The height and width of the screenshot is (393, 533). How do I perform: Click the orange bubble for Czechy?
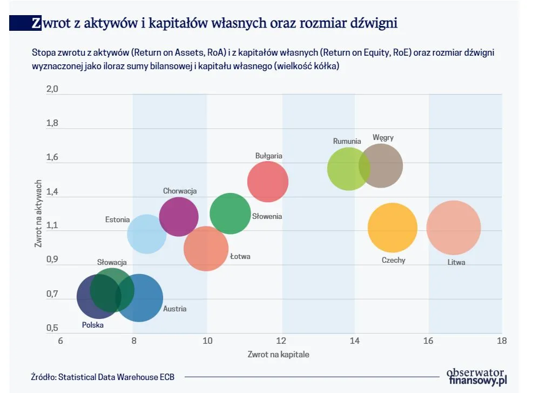[x=393, y=228]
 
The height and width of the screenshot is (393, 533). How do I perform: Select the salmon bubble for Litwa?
[x=454, y=228]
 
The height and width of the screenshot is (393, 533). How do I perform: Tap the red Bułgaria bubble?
[x=268, y=182]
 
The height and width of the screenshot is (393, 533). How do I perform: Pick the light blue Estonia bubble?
[x=146, y=234]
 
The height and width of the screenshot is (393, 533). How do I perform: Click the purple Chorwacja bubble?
[x=179, y=216]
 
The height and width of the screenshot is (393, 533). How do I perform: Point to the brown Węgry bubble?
[x=381, y=166]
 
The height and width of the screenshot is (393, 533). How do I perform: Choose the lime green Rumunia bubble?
[x=348, y=169]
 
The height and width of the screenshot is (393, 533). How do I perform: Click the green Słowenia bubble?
[x=231, y=214]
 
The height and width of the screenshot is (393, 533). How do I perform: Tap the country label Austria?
[x=175, y=309]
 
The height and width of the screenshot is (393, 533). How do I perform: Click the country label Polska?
[x=92, y=325]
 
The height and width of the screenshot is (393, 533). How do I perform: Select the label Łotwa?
[x=240, y=256]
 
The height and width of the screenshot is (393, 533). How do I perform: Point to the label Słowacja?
[x=112, y=262]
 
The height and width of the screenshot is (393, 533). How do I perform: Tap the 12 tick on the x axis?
[x=281, y=341]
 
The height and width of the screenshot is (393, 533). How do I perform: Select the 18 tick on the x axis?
[x=502, y=341]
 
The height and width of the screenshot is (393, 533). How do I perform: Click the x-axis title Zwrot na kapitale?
[x=279, y=355]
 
